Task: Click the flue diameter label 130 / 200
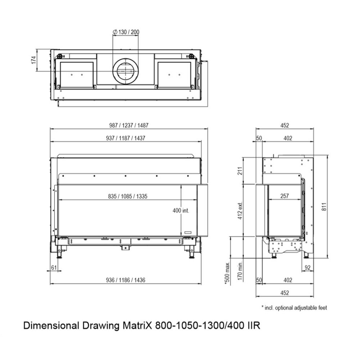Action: pos(126,32)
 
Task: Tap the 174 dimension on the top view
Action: pos(33,60)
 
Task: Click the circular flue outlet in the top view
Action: pos(126,71)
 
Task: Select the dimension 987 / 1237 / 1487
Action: pos(129,125)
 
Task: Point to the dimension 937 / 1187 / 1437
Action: pos(129,138)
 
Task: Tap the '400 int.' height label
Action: pos(181,211)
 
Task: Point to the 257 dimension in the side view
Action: pos(284,196)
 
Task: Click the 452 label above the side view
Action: pos(284,125)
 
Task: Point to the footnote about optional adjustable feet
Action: pos(294,308)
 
